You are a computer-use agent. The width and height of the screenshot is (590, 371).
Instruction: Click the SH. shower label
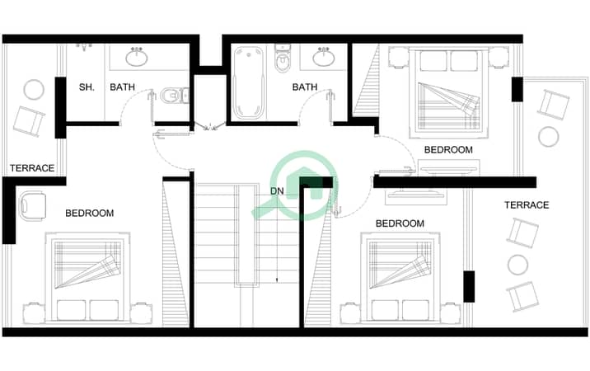(87, 87)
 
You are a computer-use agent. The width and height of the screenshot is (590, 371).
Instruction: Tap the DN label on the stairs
(277, 191)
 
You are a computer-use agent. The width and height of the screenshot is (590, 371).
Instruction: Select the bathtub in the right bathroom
(248, 82)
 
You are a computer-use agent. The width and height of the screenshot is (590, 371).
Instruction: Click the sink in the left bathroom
(137, 57)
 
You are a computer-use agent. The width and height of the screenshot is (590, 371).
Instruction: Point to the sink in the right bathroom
(324, 57)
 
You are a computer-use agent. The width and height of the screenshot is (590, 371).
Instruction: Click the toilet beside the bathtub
(283, 59)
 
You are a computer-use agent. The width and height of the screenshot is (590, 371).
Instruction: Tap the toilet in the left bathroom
(175, 96)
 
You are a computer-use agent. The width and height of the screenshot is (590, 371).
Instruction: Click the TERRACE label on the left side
(32, 168)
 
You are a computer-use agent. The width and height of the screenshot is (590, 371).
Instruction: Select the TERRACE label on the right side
(527, 205)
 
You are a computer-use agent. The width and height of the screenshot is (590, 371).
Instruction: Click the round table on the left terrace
(34, 90)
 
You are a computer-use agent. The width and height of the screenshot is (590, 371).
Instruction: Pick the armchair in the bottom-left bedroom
(33, 206)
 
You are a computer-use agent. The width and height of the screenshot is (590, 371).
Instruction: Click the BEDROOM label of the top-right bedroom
(448, 150)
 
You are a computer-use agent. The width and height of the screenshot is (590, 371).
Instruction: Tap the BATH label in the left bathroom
(122, 87)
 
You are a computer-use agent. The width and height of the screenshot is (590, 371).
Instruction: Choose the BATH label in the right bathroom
(305, 87)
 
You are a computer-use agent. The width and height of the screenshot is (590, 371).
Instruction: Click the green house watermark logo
(297, 185)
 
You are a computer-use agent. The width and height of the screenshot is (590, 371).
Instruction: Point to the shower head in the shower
(85, 47)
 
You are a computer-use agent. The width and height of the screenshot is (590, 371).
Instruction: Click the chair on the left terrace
(29, 121)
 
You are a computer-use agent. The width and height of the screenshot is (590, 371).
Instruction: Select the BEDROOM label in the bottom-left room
(90, 214)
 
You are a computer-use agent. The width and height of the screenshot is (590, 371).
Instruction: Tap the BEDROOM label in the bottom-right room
(400, 223)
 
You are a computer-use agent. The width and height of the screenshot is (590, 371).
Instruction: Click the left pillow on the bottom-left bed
(72, 310)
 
